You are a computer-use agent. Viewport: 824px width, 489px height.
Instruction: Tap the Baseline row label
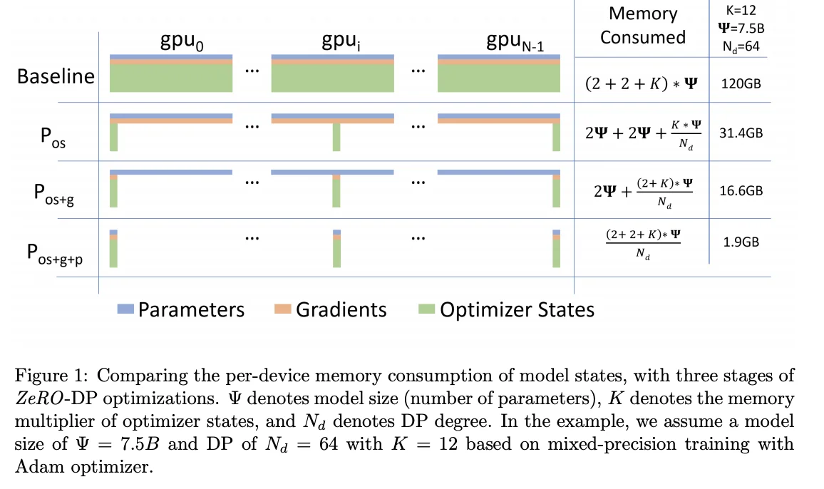click(x=56, y=76)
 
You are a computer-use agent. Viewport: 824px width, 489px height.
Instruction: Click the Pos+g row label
click(x=54, y=194)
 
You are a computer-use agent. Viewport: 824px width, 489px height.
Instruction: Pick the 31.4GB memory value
click(x=741, y=133)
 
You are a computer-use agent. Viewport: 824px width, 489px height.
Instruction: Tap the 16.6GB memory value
click(x=741, y=190)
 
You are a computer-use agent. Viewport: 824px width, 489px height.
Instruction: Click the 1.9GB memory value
click(x=741, y=242)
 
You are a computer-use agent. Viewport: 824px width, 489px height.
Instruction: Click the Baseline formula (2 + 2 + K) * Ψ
click(x=642, y=83)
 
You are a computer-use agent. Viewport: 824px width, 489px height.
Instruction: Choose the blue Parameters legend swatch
click(x=125, y=309)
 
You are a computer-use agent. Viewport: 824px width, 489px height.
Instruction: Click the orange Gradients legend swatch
click(x=283, y=309)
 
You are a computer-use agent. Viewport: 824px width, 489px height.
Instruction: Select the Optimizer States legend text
click(x=517, y=309)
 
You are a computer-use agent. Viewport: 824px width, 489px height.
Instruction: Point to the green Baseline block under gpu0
click(x=171, y=78)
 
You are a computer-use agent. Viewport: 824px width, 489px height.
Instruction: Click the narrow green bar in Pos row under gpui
click(x=336, y=138)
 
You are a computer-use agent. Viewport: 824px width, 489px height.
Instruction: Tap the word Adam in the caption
click(x=34, y=468)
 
